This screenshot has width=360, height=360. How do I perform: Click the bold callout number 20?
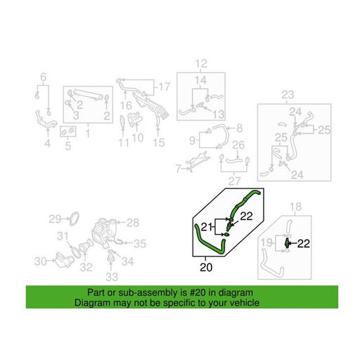point(206,267)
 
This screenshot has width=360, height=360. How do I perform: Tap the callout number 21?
point(206,227)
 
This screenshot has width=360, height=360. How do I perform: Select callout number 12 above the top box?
point(201,63)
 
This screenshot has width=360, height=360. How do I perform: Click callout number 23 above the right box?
point(288,95)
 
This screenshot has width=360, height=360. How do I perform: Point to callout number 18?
point(295,207)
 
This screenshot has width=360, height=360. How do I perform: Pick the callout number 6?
point(44,77)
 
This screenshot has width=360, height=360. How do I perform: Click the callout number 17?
point(165,86)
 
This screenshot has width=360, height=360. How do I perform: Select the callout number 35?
point(140,244)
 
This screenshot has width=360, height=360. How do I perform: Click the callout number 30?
point(41,262)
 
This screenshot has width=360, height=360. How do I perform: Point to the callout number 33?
point(112,277)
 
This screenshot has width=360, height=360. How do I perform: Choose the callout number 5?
point(68,146)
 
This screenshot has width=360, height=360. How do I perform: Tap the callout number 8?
point(239,128)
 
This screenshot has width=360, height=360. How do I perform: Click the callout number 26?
point(238,145)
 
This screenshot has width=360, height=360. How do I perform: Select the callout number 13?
point(219,115)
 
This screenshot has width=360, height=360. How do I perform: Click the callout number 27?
point(234,181)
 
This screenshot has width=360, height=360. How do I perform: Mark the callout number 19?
point(266,243)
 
